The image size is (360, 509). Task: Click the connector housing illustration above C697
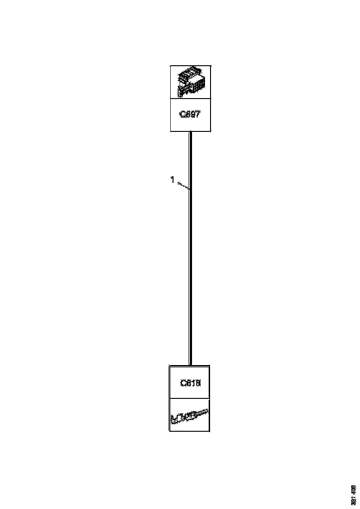tap(191, 82)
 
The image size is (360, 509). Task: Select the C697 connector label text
tap(190, 115)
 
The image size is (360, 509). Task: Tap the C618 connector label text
tap(190, 383)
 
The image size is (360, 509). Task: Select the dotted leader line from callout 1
tap(182, 186)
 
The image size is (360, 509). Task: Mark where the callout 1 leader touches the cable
tap(189, 190)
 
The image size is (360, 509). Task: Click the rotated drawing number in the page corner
tap(354, 494)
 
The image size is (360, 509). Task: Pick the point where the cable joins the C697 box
tap(190, 132)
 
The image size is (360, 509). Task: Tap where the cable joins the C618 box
tap(190, 365)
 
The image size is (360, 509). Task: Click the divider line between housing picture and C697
tap(191, 98)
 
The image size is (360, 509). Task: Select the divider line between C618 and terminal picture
tap(190, 398)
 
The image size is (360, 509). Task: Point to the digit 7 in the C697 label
tap(198, 115)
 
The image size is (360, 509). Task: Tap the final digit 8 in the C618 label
tap(198, 383)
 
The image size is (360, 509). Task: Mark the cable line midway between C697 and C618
tap(190, 248)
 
